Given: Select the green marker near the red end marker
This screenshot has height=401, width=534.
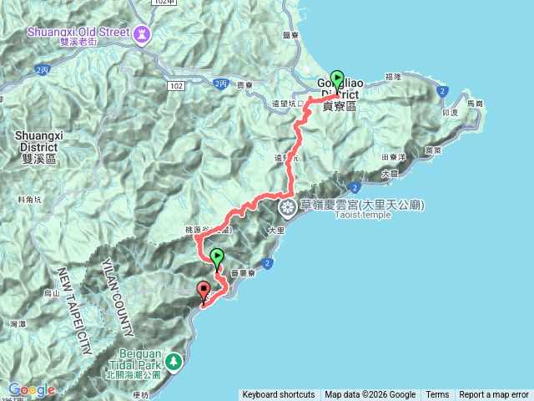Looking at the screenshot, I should pos(217,257).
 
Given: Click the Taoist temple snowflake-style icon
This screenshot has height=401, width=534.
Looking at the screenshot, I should pos(287,206).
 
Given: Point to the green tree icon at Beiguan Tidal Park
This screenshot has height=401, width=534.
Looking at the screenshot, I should pos(174,362).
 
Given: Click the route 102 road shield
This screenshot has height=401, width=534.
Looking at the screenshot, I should pos(175,85).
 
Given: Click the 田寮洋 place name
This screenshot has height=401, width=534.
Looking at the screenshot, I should pos(393,156).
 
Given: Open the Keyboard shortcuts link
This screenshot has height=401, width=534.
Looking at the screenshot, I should pos(279,395).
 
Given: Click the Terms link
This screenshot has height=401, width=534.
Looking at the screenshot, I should pos(437,395).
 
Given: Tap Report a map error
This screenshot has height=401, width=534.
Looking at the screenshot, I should pos(494,395).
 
